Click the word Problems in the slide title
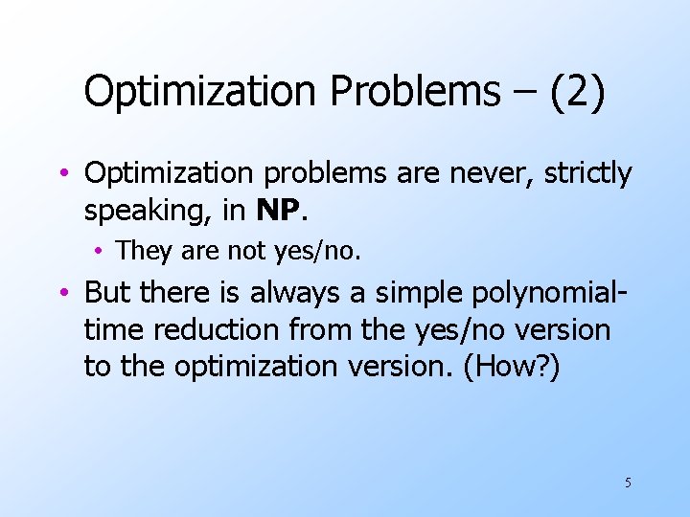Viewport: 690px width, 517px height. point(415,92)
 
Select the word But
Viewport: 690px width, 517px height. point(107,291)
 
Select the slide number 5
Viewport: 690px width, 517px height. point(628,483)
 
